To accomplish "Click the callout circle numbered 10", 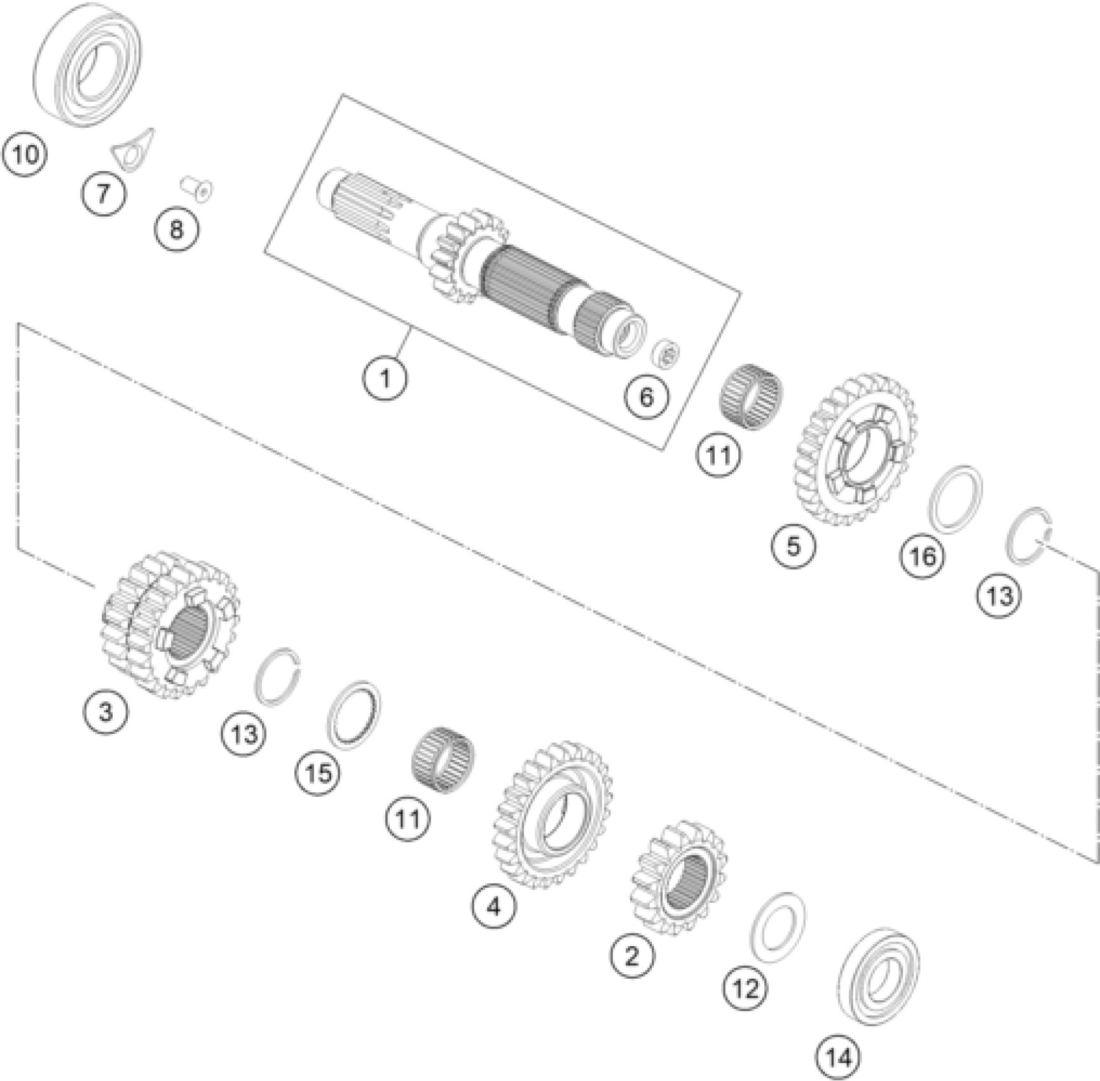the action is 25,155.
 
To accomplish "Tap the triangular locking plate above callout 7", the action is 132,149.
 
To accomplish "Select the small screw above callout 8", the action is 196,188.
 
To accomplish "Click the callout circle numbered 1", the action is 385,380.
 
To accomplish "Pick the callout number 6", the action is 646,397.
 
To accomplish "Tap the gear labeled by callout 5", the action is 856,450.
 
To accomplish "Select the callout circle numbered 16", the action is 922,557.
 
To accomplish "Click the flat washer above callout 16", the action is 955,498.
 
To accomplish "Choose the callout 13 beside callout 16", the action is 999,596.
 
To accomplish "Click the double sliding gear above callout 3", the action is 170,625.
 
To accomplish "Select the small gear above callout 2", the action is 678,878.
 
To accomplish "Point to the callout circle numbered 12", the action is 745,989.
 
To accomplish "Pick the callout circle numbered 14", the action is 837,1058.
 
